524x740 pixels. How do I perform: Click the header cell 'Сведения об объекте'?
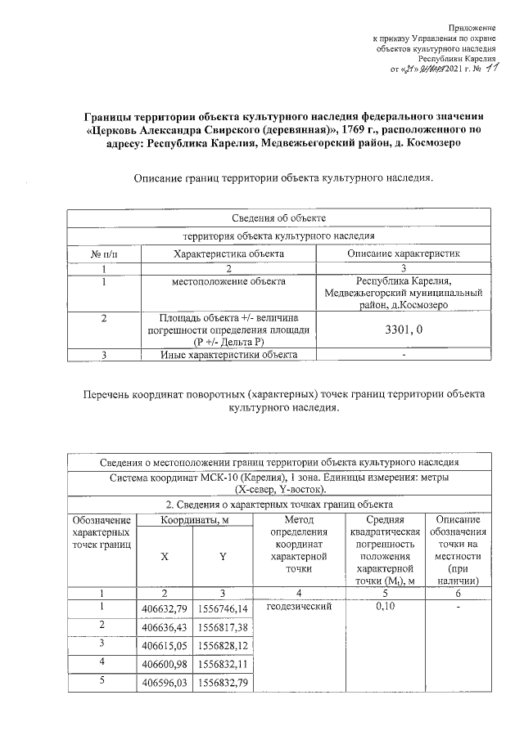pyautogui.click(x=278, y=218)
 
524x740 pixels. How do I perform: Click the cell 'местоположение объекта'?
pyautogui.click(x=228, y=282)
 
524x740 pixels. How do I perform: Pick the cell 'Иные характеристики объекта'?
pyautogui.click(x=228, y=354)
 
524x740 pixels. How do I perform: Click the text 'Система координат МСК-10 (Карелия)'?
pyautogui.click(x=201, y=477)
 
